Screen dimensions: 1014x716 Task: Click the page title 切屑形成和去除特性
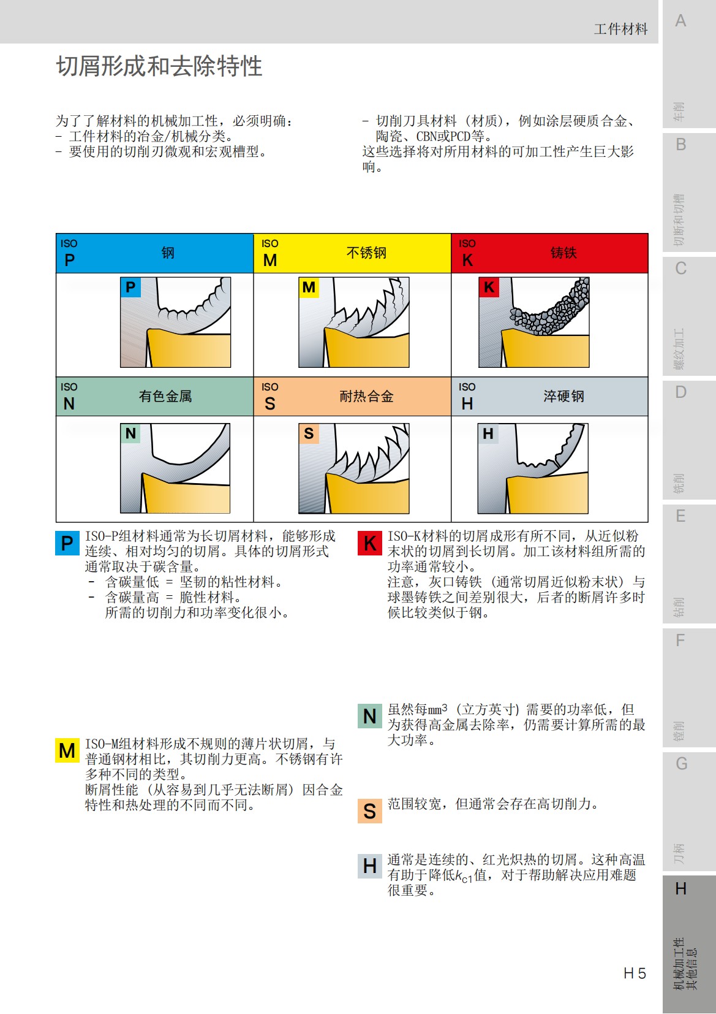point(159,66)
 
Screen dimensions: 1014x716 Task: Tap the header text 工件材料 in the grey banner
point(620,29)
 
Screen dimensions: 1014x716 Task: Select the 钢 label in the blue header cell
point(168,253)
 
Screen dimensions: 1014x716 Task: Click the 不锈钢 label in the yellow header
point(366,253)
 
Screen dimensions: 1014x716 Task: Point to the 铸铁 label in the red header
point(563,253)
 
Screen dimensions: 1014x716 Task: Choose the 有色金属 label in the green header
point(165,396)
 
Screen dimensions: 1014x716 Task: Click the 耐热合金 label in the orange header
point(366,396)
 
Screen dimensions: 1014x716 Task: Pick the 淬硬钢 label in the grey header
point(563,396)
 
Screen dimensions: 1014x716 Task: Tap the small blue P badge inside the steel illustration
point(130,287)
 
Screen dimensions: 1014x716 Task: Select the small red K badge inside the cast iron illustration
point(489,287)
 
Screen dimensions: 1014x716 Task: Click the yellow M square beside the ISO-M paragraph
point(67,750)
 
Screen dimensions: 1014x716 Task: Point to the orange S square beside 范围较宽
point(369,811)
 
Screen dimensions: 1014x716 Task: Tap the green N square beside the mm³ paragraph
point(369,715)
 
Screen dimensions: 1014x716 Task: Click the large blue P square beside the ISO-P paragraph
point(67,543)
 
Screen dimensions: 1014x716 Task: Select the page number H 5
point(635,973)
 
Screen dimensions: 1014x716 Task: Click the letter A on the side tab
point(680,21)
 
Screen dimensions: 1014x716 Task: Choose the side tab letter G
point(681,764)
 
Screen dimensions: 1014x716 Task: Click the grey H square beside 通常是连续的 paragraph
point(369,866)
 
